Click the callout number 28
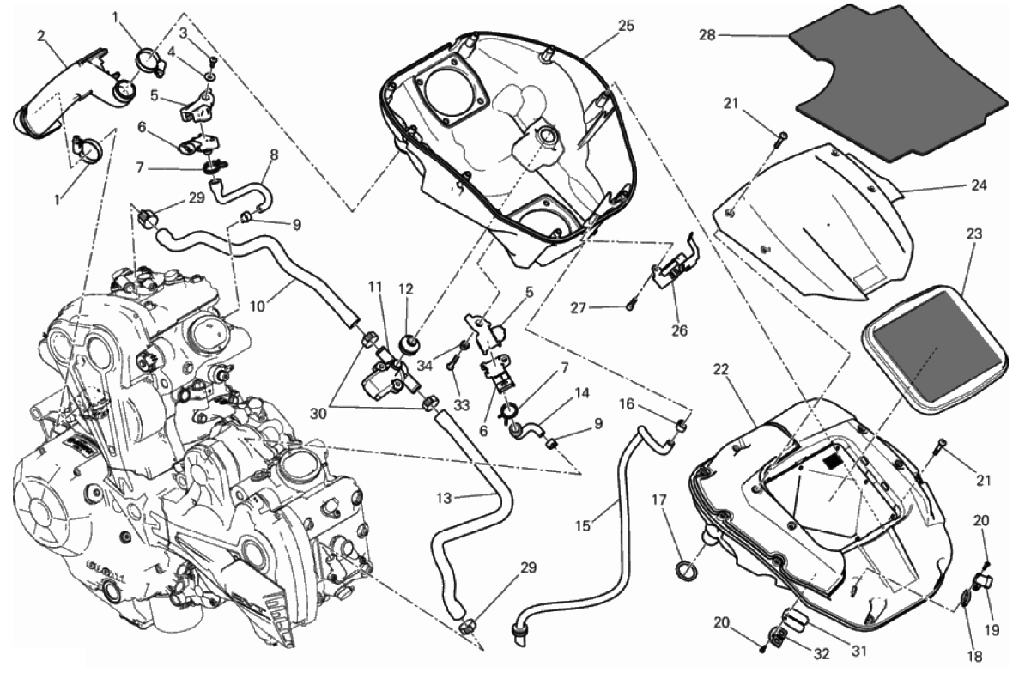707,36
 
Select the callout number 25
625,25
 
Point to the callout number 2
41,36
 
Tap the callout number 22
721,369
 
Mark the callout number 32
822,653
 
